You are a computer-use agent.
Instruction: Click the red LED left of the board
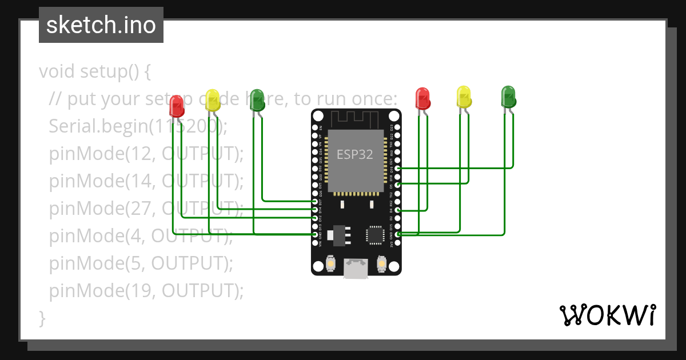pos(177,105)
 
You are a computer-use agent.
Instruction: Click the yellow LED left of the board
pos(212,100)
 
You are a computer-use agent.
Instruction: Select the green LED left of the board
pos(257,99)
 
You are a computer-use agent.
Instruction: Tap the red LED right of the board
pos(422,98)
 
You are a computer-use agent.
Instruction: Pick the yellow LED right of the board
pos(464,96)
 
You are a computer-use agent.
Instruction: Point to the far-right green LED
pos(508,96)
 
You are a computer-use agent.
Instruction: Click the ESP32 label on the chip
pos(354,154)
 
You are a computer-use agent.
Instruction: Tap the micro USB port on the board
pos(356,268)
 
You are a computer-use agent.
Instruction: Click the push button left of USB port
pos(330,265)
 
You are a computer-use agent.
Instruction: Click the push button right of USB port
pos(381,265)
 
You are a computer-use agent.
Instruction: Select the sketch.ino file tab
pos(101,25)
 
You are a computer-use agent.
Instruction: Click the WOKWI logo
pos(607,315)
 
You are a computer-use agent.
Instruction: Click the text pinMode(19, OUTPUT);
pos(146,291)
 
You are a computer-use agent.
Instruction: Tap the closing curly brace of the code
pos(42,318)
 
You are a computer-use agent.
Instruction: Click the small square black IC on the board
pos(375,235)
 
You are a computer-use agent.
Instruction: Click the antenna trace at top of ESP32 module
pos(354,118)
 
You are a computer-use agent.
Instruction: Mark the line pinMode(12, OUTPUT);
pos(146,153)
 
